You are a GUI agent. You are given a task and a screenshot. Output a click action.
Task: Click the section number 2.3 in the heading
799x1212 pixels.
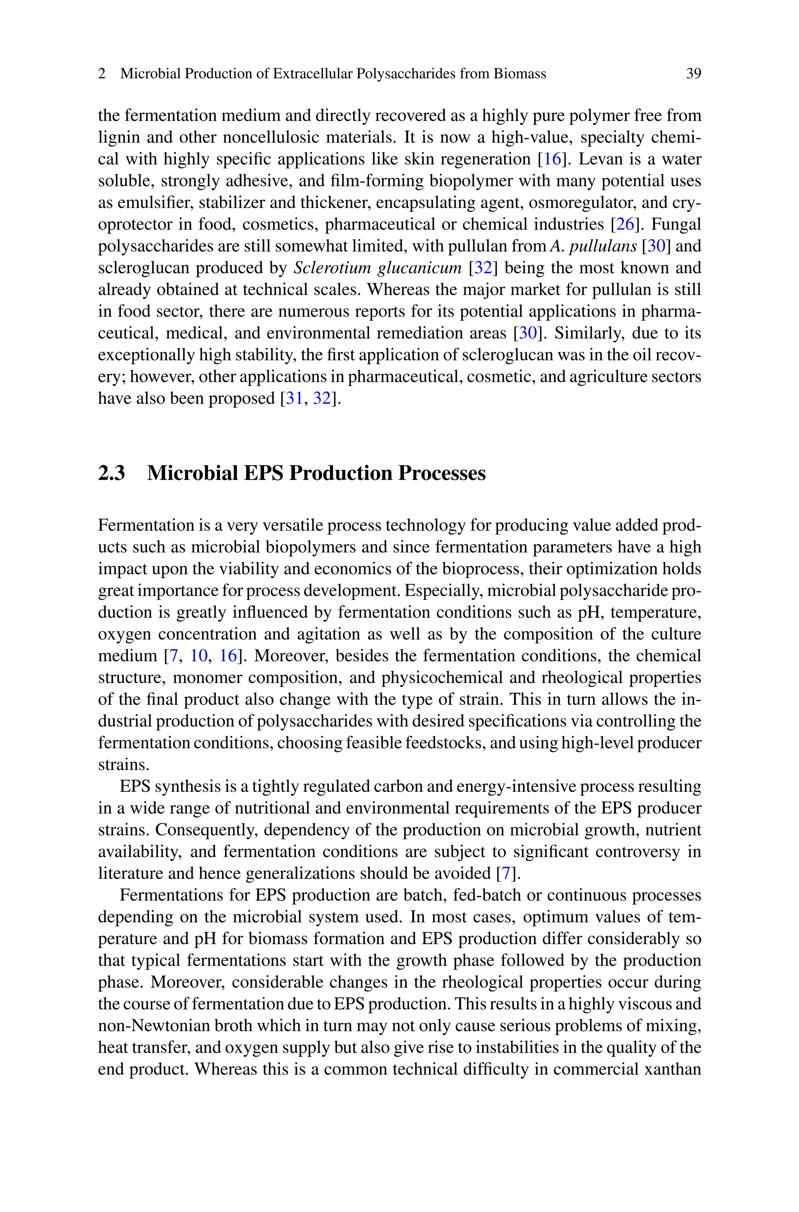click(111, 473)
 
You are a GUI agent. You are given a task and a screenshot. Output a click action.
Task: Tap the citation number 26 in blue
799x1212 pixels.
click(625, 224)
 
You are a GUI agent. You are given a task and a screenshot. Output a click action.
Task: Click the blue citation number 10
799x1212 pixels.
click(199, 656)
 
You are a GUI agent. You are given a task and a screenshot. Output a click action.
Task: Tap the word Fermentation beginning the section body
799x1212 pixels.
click(144, 525)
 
